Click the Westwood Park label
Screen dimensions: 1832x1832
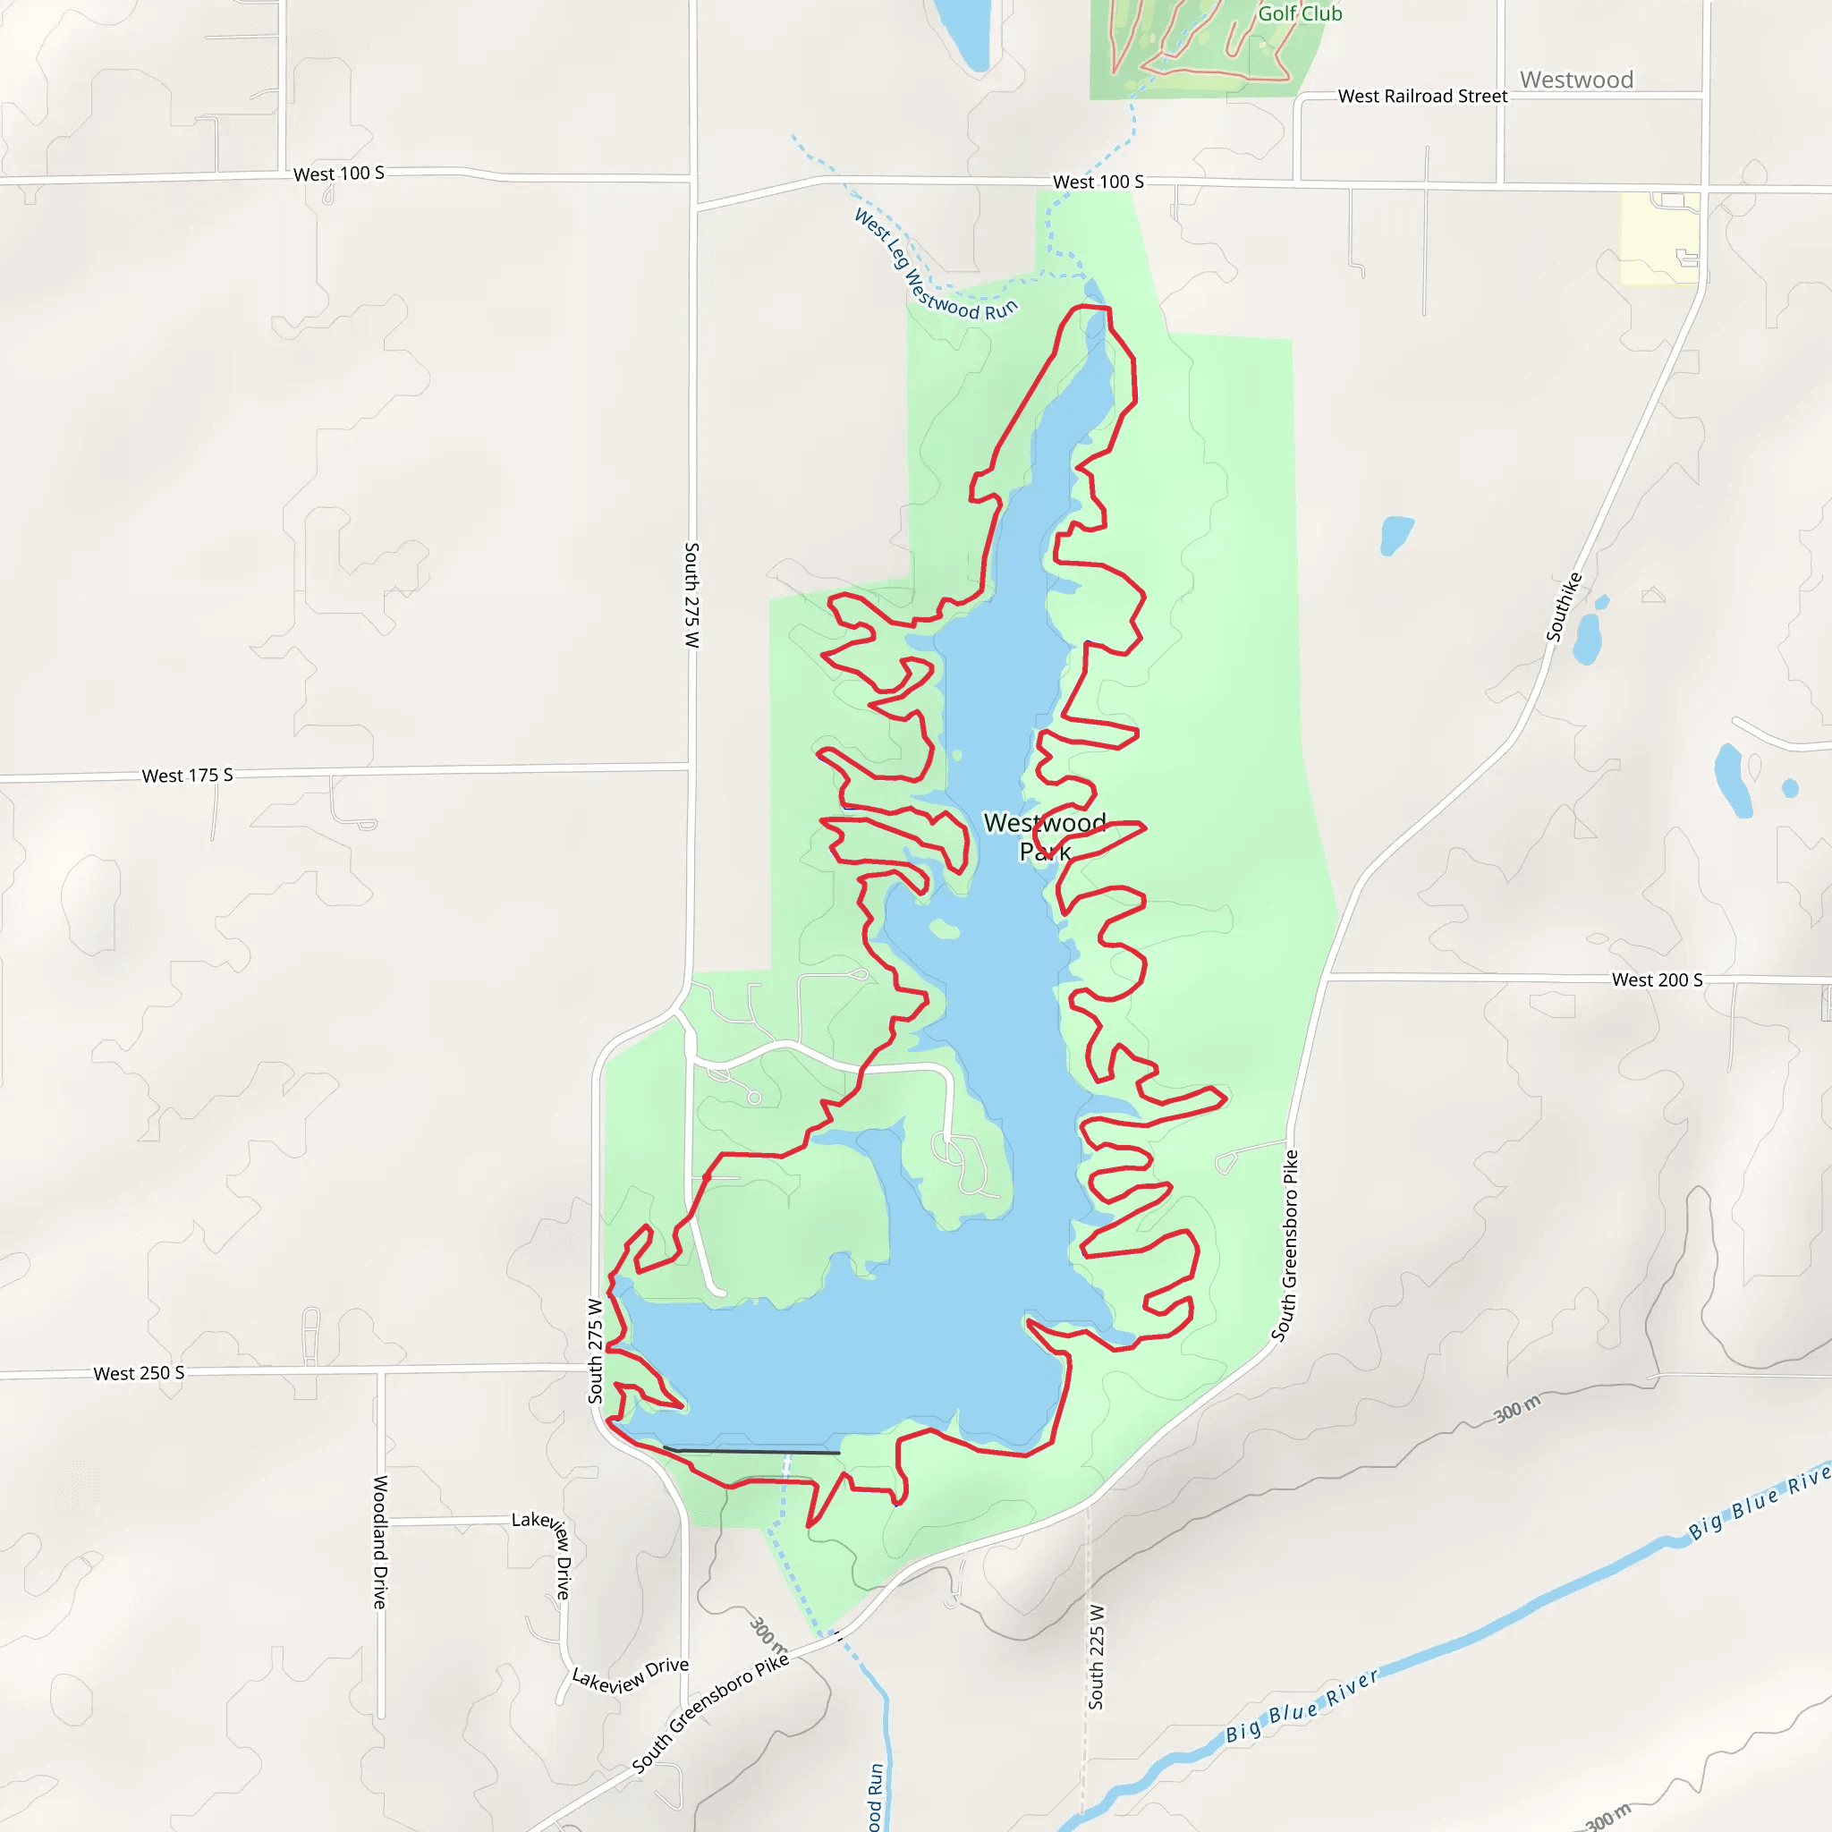[x=1044, y=836]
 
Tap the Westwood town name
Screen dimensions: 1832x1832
[x=1576, y=80]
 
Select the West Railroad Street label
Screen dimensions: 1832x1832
[x=1421, y=96]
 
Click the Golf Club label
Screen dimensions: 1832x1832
[x=1299, y=13]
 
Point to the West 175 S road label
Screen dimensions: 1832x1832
[x=187, y=776]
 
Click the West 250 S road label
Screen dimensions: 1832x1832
[x=139, y=1373]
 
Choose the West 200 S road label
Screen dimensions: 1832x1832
[x=1657, y=980]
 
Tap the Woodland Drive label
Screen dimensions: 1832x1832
[x=380, y=1542]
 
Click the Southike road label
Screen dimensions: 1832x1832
[x=1564, y=606]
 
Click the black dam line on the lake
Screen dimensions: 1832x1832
[x=751, y=1451]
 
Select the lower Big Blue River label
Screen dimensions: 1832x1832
[x=1301, y=1707]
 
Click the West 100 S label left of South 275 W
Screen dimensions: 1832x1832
[x=338, y=174]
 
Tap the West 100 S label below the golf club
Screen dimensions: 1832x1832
[x=1098, y=181]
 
